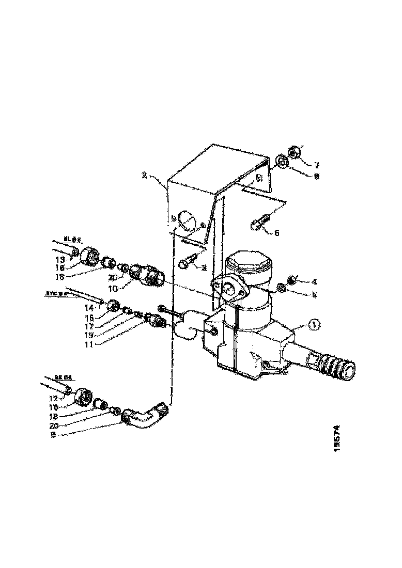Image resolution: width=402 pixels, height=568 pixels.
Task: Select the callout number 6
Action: pos(276,233)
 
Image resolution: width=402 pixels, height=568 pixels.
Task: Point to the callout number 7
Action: pos(316,166)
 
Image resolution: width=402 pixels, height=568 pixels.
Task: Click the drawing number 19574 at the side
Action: pos(336,439)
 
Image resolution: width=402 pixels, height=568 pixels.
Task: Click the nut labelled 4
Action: pos(290,279)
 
